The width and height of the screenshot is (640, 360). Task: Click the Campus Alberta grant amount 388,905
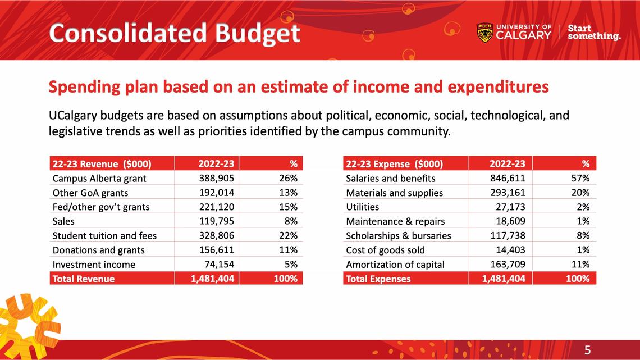tap(216, 179)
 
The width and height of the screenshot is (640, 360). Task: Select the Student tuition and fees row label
tap(104, 236)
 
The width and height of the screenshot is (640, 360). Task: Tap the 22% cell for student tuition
tap(288, 235)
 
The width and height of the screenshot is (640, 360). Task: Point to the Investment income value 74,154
tap(219, 264)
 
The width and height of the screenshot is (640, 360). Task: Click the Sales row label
tap(63, 221)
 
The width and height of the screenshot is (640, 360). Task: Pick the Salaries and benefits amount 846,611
tap(508, 179)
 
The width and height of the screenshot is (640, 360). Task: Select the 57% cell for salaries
tap(580, 179)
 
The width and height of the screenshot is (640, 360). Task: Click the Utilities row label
tap(363, 207)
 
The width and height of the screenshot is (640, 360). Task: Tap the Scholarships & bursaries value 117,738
tap(508, 235)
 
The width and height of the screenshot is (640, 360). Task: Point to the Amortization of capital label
tap(395, 265)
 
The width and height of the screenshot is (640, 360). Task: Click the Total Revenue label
tap(84, 279)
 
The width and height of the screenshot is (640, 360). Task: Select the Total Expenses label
tap(378, 279)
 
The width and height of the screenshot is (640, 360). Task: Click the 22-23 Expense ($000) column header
tap(394, 164)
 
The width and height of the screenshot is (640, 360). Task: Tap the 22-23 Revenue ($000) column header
tap(102, 164)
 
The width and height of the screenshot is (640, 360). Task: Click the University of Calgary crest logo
tap(485, 33)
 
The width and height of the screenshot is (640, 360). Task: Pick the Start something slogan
tap(594, 32)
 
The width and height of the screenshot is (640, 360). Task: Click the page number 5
tap(587, 350)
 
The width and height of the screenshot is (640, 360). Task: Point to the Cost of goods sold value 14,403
tap(511, 250)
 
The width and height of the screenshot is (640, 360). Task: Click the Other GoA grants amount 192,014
tap(216, 193)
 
